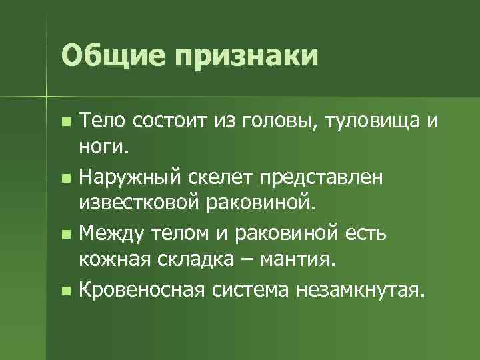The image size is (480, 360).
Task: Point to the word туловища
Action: point(367,121)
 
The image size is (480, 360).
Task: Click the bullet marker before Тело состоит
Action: point(65,123)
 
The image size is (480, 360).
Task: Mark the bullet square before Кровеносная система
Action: point(65,291)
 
